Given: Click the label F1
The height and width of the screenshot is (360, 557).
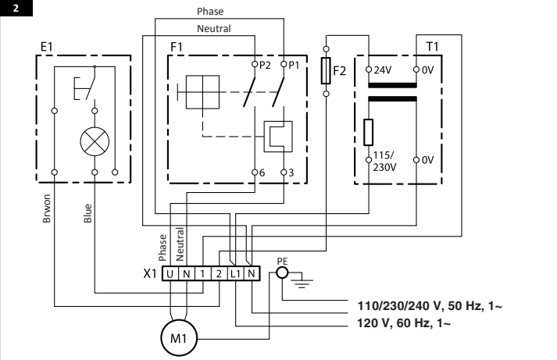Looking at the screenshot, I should click(x=177, y=48).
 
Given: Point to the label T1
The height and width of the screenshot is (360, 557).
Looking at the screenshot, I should click(x=433, y=48).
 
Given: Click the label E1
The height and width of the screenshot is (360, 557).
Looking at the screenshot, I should click(x=48, y=48).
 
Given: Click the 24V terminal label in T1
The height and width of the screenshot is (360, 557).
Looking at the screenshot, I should click(x=383, y=69).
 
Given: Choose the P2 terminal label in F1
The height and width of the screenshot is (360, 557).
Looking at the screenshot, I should click(x=266, y=65).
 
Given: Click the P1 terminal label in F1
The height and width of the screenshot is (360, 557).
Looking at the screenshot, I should click(x=293, y=65).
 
